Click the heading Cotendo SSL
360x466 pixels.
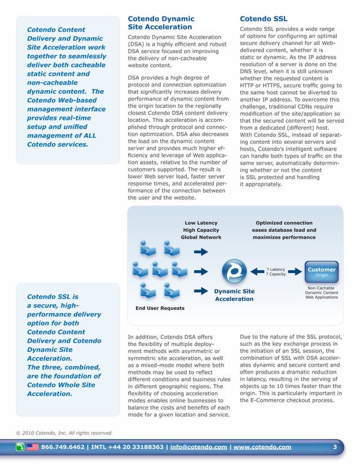tap(264, 19)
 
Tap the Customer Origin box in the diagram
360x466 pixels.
tap(322, 272)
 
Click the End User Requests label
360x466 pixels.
tap(160, 308)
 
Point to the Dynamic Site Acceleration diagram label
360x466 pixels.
tap(234, 294)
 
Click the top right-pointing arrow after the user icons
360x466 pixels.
tap(201, 252)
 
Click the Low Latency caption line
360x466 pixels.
tap(201, 223)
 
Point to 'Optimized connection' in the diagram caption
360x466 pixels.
tap(283, 223)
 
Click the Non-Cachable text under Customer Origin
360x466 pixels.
tap(322, 288)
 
